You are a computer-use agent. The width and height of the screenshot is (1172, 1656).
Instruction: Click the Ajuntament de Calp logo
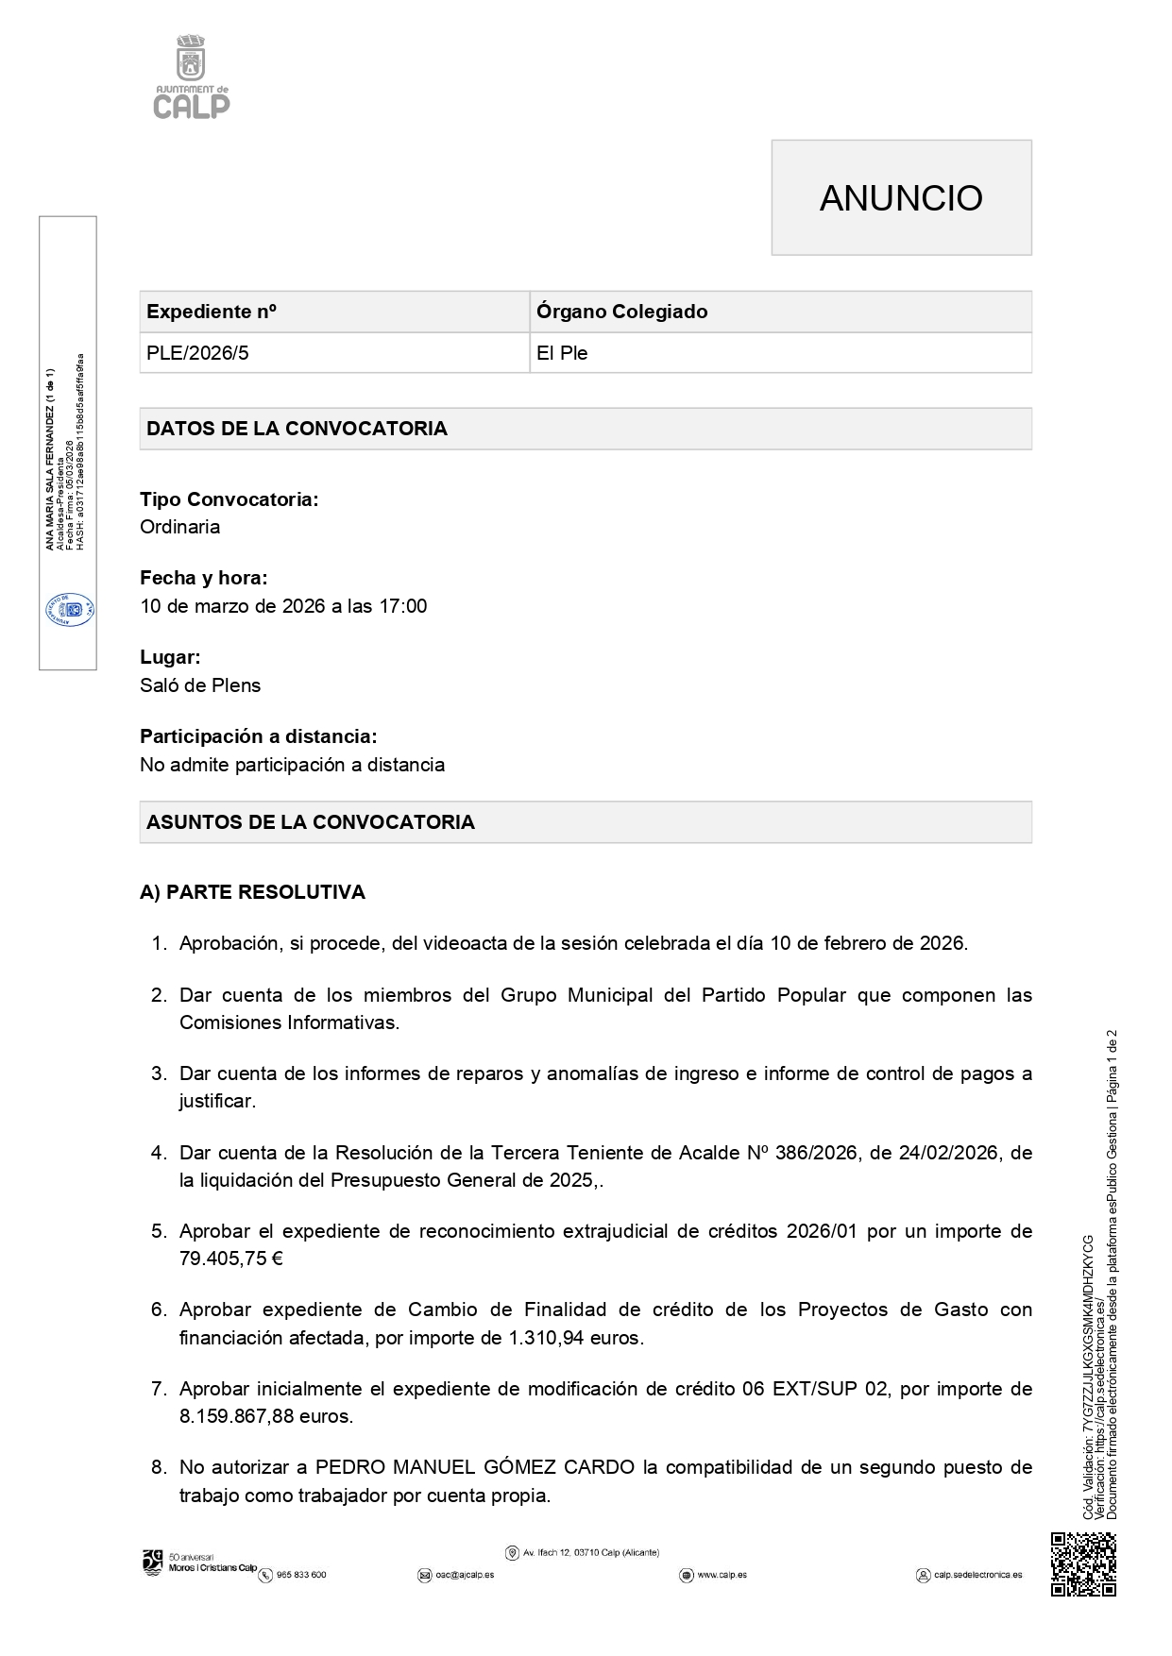[x=192, y=77]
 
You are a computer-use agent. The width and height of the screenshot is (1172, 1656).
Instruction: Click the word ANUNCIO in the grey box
[x=901, y=198]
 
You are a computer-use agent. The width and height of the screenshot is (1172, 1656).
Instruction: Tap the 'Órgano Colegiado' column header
[x=621, y=312]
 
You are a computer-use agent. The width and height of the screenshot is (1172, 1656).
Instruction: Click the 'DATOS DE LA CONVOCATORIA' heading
[x=297, y=429]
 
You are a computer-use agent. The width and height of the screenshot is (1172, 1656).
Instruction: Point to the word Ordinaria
[x=180, y=527]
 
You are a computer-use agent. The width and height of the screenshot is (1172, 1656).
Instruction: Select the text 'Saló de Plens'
[x=200, y=685]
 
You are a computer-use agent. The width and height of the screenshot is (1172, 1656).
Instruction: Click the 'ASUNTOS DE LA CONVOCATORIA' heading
[x=311, y=822]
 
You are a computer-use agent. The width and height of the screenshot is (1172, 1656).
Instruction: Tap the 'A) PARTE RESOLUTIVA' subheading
[x=252, y=892]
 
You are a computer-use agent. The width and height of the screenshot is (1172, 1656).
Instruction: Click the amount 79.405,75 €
[x=231, y=1259]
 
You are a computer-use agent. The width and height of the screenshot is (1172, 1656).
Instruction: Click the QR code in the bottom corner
[x=1083, y=1564]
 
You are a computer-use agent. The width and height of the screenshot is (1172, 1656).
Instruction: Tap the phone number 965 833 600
[x=300, y=1575]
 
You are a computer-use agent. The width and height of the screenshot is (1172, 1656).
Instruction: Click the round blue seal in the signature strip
[x=69, y=610]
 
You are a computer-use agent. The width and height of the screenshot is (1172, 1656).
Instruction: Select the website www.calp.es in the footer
[x=722, y=1575]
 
